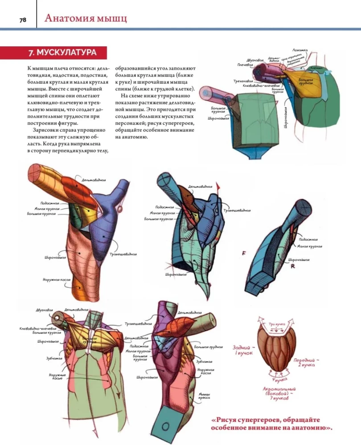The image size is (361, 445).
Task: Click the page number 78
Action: pos(22,20)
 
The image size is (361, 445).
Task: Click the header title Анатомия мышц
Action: pos(86,18)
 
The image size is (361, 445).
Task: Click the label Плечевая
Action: pos(245,64)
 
